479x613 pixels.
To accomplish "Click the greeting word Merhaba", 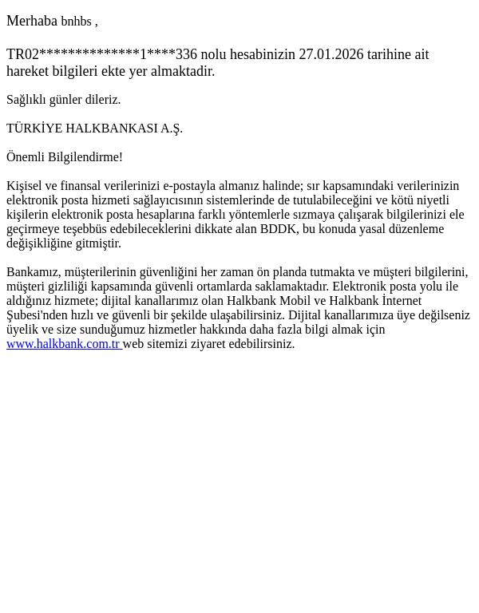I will point(32,22).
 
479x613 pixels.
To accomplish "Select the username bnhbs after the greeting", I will point(76,22).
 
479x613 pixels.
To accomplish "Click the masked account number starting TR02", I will point(101,54).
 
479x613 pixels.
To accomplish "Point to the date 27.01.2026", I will point(331,54).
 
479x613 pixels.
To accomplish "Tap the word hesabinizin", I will point(262,54).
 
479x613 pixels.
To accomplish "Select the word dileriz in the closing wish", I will point(103,100).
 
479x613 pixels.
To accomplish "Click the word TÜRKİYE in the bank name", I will point(34,129).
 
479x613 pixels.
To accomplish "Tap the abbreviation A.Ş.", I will point(172,129).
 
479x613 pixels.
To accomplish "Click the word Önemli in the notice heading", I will point(26,157).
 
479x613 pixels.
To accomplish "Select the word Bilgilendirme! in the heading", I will point(86,157).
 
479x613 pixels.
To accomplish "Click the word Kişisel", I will point(24,186).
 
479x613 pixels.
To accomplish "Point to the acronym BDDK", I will point(279,229).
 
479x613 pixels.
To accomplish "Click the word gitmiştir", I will point(97,243).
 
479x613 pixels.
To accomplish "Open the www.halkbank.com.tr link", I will point(63,344).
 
